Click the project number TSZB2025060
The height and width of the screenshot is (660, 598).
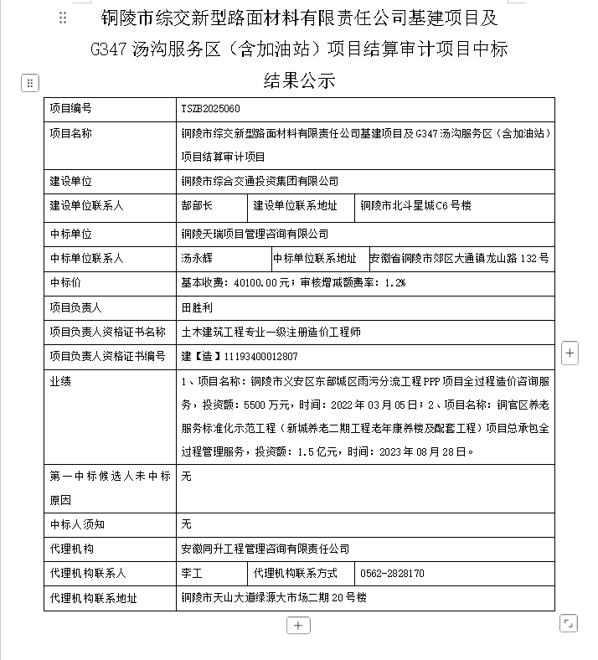210,109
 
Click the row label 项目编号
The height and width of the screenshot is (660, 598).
70,109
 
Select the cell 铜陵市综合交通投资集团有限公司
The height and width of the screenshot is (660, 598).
260,181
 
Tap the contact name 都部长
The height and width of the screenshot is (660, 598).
197,206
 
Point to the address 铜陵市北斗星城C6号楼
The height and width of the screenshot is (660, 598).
415,206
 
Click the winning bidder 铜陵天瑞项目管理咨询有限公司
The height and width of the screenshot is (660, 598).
255,234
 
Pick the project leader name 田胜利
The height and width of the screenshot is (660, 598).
197,308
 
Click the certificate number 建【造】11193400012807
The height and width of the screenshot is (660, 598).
239,357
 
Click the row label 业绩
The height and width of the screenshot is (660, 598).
60,382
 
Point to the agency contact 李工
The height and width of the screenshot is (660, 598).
192,574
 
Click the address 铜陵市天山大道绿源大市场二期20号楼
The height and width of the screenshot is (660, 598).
273,598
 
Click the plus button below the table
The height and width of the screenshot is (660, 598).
299,625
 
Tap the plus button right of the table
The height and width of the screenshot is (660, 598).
570,353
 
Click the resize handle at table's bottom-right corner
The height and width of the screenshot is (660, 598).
568,623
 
